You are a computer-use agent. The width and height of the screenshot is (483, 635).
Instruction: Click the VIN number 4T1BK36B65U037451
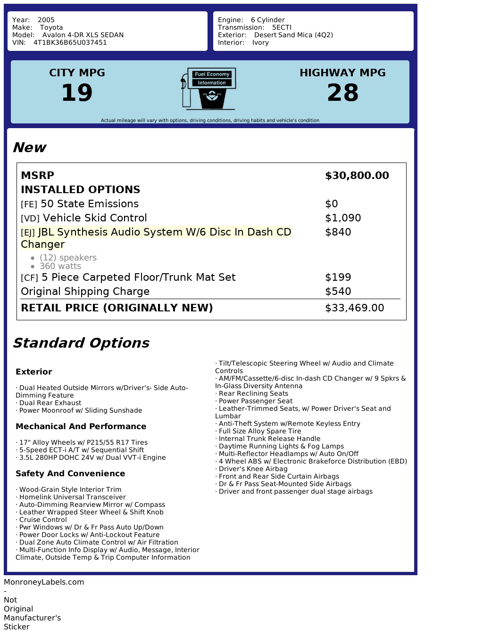pos(70,42)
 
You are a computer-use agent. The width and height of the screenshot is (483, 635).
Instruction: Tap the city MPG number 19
pos(77,92)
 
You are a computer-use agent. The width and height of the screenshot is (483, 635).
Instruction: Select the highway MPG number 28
pos(342,92)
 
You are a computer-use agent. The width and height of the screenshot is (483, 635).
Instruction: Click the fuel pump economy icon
pos(208,89)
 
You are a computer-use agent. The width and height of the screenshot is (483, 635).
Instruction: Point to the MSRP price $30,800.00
pos(357,176)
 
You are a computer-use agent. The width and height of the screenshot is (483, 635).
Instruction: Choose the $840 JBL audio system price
pos(338,232)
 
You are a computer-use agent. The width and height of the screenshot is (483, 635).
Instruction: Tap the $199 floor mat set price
pos(338,277)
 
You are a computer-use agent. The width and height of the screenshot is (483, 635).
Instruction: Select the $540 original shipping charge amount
pos(338,292)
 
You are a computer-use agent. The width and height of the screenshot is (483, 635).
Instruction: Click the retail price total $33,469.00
pos(354,308)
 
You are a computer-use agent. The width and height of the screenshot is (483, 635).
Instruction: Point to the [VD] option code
pos(30,219)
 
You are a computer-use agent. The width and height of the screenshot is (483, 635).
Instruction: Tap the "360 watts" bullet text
pos(60,266)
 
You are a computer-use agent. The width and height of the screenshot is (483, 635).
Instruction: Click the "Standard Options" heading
pos(81,343)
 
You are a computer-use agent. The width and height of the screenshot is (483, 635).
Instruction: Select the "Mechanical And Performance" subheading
pos(81,426)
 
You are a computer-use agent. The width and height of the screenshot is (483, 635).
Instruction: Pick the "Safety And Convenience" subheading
pos(70,473)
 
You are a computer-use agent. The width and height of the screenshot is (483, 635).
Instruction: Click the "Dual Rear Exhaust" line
pos(50,403)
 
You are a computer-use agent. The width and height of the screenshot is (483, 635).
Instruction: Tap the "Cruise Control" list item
pos(43,520)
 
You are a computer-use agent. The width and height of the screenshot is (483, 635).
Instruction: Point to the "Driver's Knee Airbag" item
pos(253,469)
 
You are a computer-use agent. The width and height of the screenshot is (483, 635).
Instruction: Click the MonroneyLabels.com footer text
pos(44,582)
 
